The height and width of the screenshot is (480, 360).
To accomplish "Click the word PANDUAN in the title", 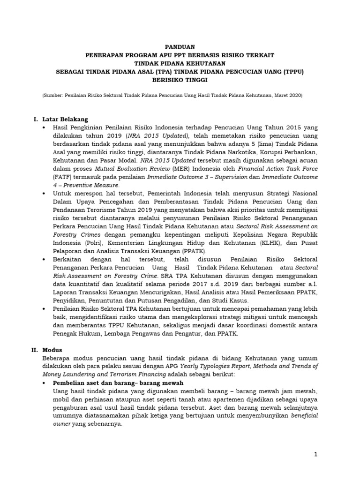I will pyautogui.click(x=180, y=47).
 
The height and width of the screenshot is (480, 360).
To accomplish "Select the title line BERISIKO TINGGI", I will pyautogui.click(x=180, y=80).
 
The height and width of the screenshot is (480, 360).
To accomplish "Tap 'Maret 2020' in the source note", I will pyautogui.click(x=288, y=95).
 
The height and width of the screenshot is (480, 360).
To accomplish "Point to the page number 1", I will pyautogui.click(x=316, y=454).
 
